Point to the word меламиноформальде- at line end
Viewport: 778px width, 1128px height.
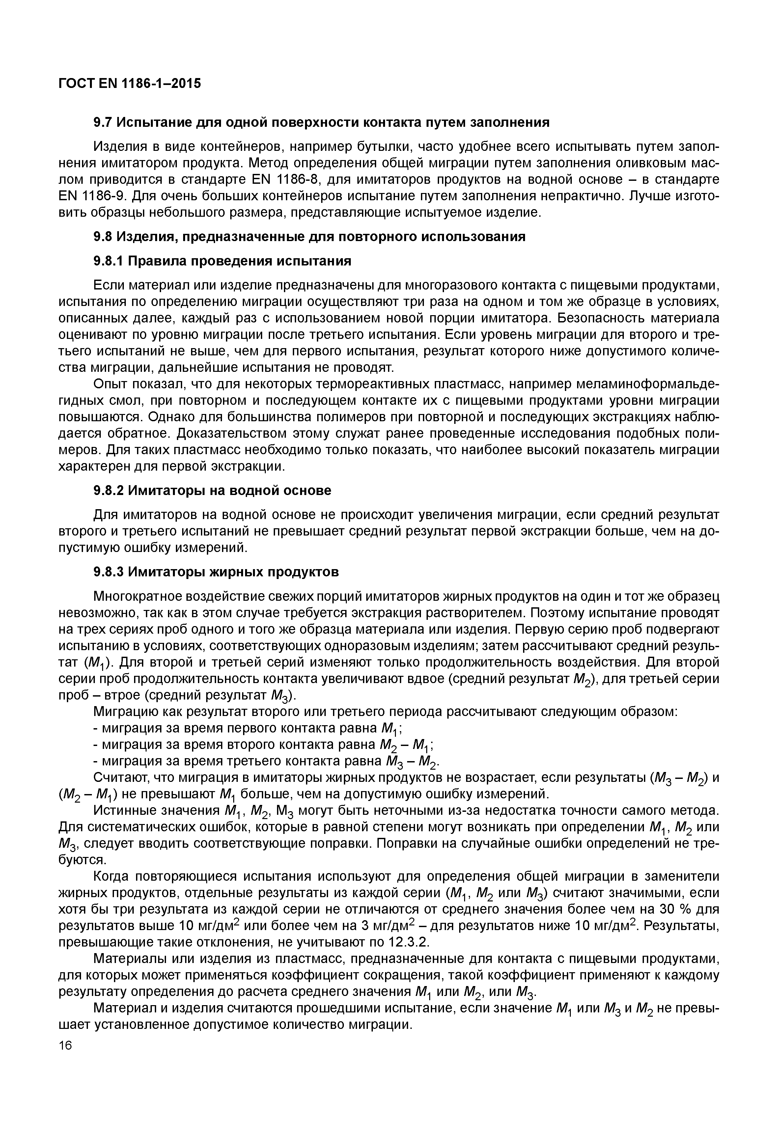tap(647, 384)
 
